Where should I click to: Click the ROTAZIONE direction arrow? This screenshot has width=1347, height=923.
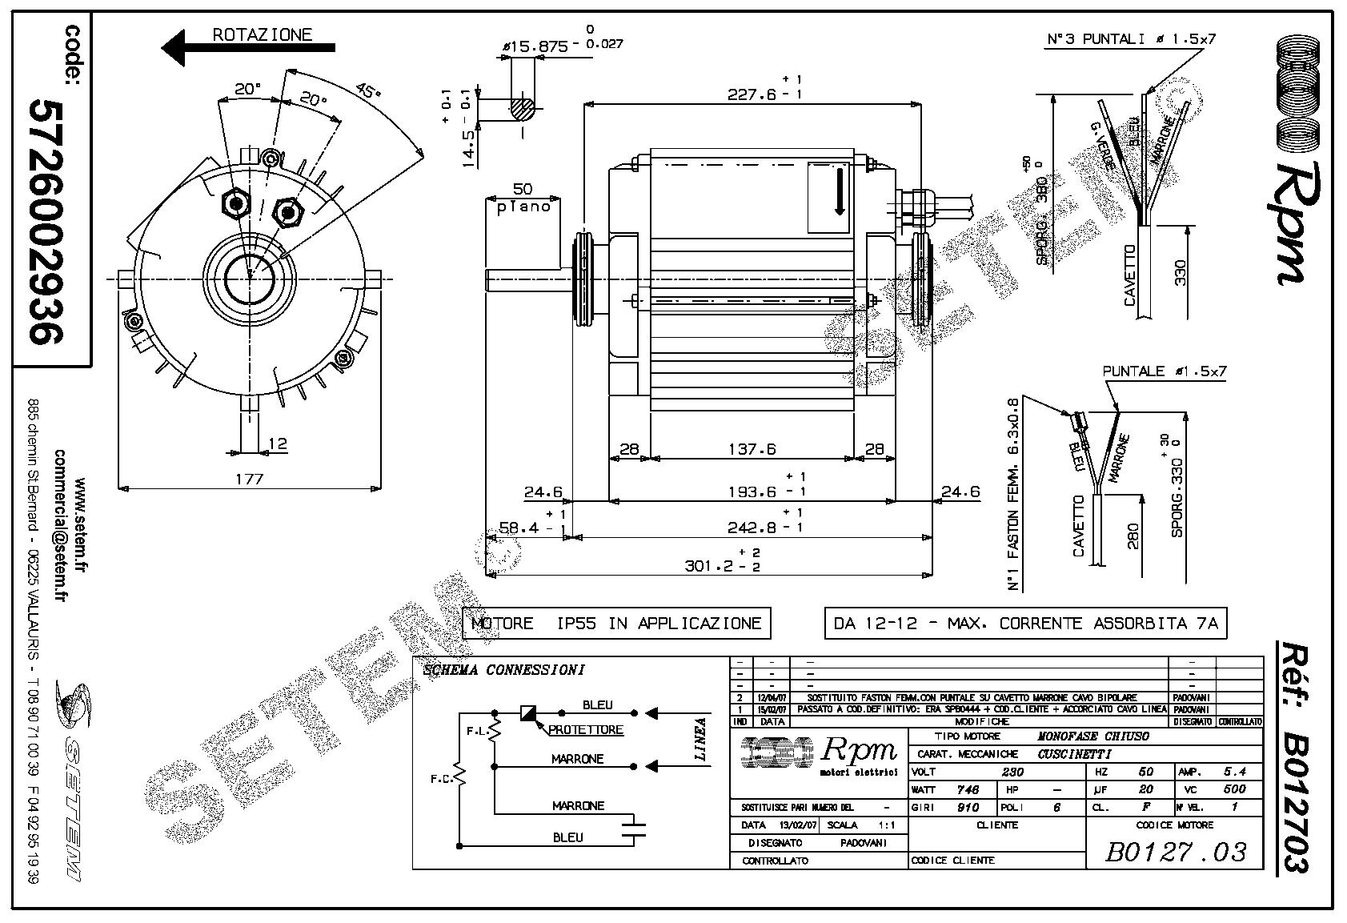coord(248,48)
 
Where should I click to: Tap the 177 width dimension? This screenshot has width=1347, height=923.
coord(250,479)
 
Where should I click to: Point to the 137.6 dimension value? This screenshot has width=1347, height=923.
coord(752,449)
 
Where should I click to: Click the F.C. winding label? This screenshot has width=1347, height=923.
coord(439,778)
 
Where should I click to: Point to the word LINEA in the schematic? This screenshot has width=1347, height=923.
coord(701,738)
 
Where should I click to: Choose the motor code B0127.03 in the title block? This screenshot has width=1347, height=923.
coord(1175,852)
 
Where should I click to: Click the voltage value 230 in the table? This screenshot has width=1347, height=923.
coord(1012,772)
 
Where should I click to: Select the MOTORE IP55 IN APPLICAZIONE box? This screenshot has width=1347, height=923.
coord(616,623)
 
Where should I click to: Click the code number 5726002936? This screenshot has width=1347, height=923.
coord(45,222)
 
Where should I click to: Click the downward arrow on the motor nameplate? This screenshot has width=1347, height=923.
coord(840,193)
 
